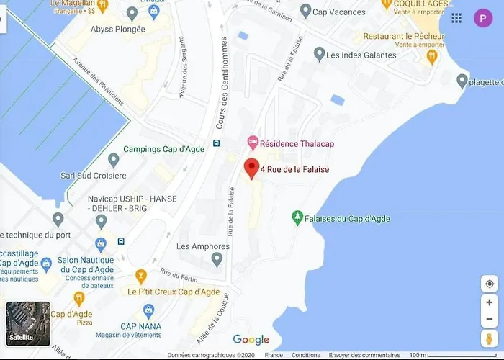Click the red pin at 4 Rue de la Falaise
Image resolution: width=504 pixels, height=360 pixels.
[251, 168]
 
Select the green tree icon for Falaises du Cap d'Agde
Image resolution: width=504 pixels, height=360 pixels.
[297, 217]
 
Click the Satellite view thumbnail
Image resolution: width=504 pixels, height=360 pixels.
[28, 323]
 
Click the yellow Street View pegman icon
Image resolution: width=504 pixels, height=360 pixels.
[490, 338]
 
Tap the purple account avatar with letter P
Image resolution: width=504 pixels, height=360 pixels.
[482, 19]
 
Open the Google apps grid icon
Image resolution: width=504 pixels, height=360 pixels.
[456, 19]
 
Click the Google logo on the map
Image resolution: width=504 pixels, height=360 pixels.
[251, 340]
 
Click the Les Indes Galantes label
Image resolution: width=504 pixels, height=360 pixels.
[361, 55]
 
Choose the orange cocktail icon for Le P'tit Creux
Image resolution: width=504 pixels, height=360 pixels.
[141, 276]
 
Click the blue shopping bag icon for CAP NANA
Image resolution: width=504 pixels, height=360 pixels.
[149, 311]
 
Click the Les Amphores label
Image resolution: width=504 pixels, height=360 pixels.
[203, 246]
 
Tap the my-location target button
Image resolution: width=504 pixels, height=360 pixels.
[490, 284]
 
